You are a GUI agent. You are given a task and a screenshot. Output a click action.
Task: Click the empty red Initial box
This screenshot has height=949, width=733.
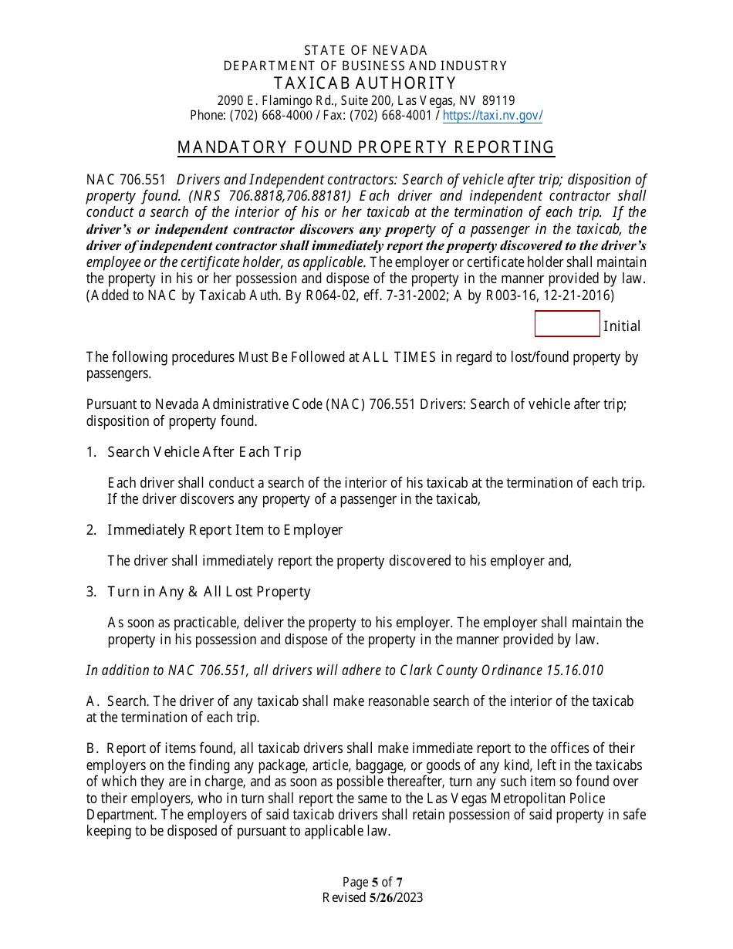[x=567, y=324]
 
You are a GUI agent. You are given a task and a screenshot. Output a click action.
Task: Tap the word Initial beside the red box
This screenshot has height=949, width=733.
[x=622, y=326]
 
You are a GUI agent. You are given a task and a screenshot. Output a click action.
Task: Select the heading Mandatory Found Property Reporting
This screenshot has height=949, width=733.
[x=366, y=147]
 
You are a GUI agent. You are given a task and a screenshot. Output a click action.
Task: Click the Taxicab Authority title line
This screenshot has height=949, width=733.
[x=366, y=83]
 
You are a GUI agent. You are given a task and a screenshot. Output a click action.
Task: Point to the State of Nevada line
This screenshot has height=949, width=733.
[x=366, y=51]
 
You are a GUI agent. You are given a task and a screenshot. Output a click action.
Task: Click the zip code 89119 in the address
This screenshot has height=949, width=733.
[x=498, y=100]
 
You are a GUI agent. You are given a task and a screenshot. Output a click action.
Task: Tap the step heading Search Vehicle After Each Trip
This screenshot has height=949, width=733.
[x=204, y=452]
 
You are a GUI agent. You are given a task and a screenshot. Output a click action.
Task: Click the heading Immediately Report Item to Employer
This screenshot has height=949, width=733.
[x=225, y=530]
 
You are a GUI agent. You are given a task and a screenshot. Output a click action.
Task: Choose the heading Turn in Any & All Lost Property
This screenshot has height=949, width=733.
[x=209, y=592]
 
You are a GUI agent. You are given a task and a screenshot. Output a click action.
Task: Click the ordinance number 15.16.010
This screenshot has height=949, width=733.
[x=575, y=670]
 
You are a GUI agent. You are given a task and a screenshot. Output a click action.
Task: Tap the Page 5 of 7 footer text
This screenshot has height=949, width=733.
[x=373, y=882]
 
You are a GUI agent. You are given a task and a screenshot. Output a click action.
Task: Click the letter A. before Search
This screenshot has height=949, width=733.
[x=93, y=701]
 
